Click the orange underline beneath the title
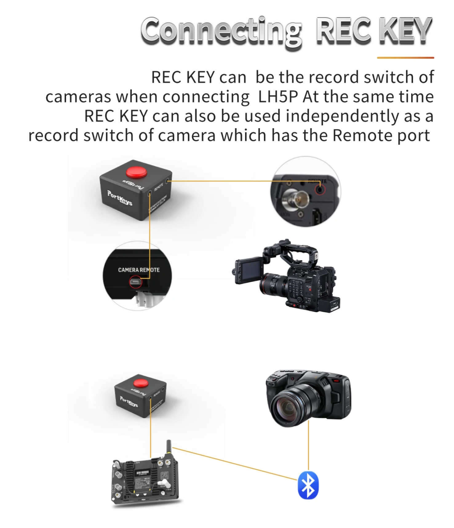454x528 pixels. click(405, 58)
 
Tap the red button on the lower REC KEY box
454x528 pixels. click(141, 383)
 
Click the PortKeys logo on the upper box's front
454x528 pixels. click(120, 198)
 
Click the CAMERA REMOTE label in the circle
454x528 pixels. click(139, 270)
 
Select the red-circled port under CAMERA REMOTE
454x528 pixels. click(135, 281)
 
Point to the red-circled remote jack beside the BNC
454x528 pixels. click(320, 189)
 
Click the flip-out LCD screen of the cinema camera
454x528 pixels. click(249, 270)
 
